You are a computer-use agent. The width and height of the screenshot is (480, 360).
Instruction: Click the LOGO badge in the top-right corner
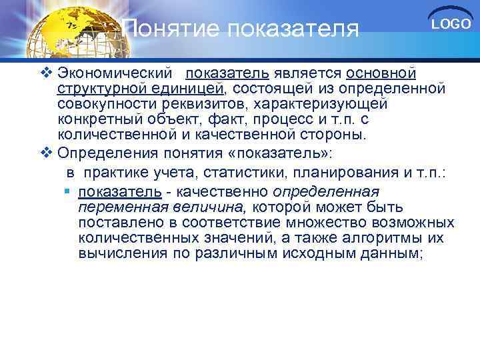click(451, 25)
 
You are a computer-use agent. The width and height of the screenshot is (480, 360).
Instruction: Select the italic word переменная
click(117, 207)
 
